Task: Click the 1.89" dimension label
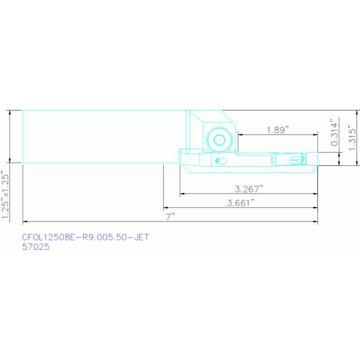pos(277,130)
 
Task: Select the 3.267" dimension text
pos(249,189)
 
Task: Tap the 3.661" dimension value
pos(241,203)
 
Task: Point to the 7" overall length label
pos(170,217)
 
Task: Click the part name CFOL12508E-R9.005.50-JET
pos(85,237)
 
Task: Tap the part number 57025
pos(36,247)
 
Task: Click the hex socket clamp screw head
pos(218,139)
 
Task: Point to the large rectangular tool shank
pos(103,137)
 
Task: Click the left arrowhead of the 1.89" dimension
pos(240,135)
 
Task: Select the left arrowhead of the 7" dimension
pos(25,222)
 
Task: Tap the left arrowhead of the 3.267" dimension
pos(182,193)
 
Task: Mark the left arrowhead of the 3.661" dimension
pos(166,207)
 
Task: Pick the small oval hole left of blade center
pos(220,161)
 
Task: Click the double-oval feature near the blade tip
pos(296,160)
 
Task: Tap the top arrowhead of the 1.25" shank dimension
pos(10,112)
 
